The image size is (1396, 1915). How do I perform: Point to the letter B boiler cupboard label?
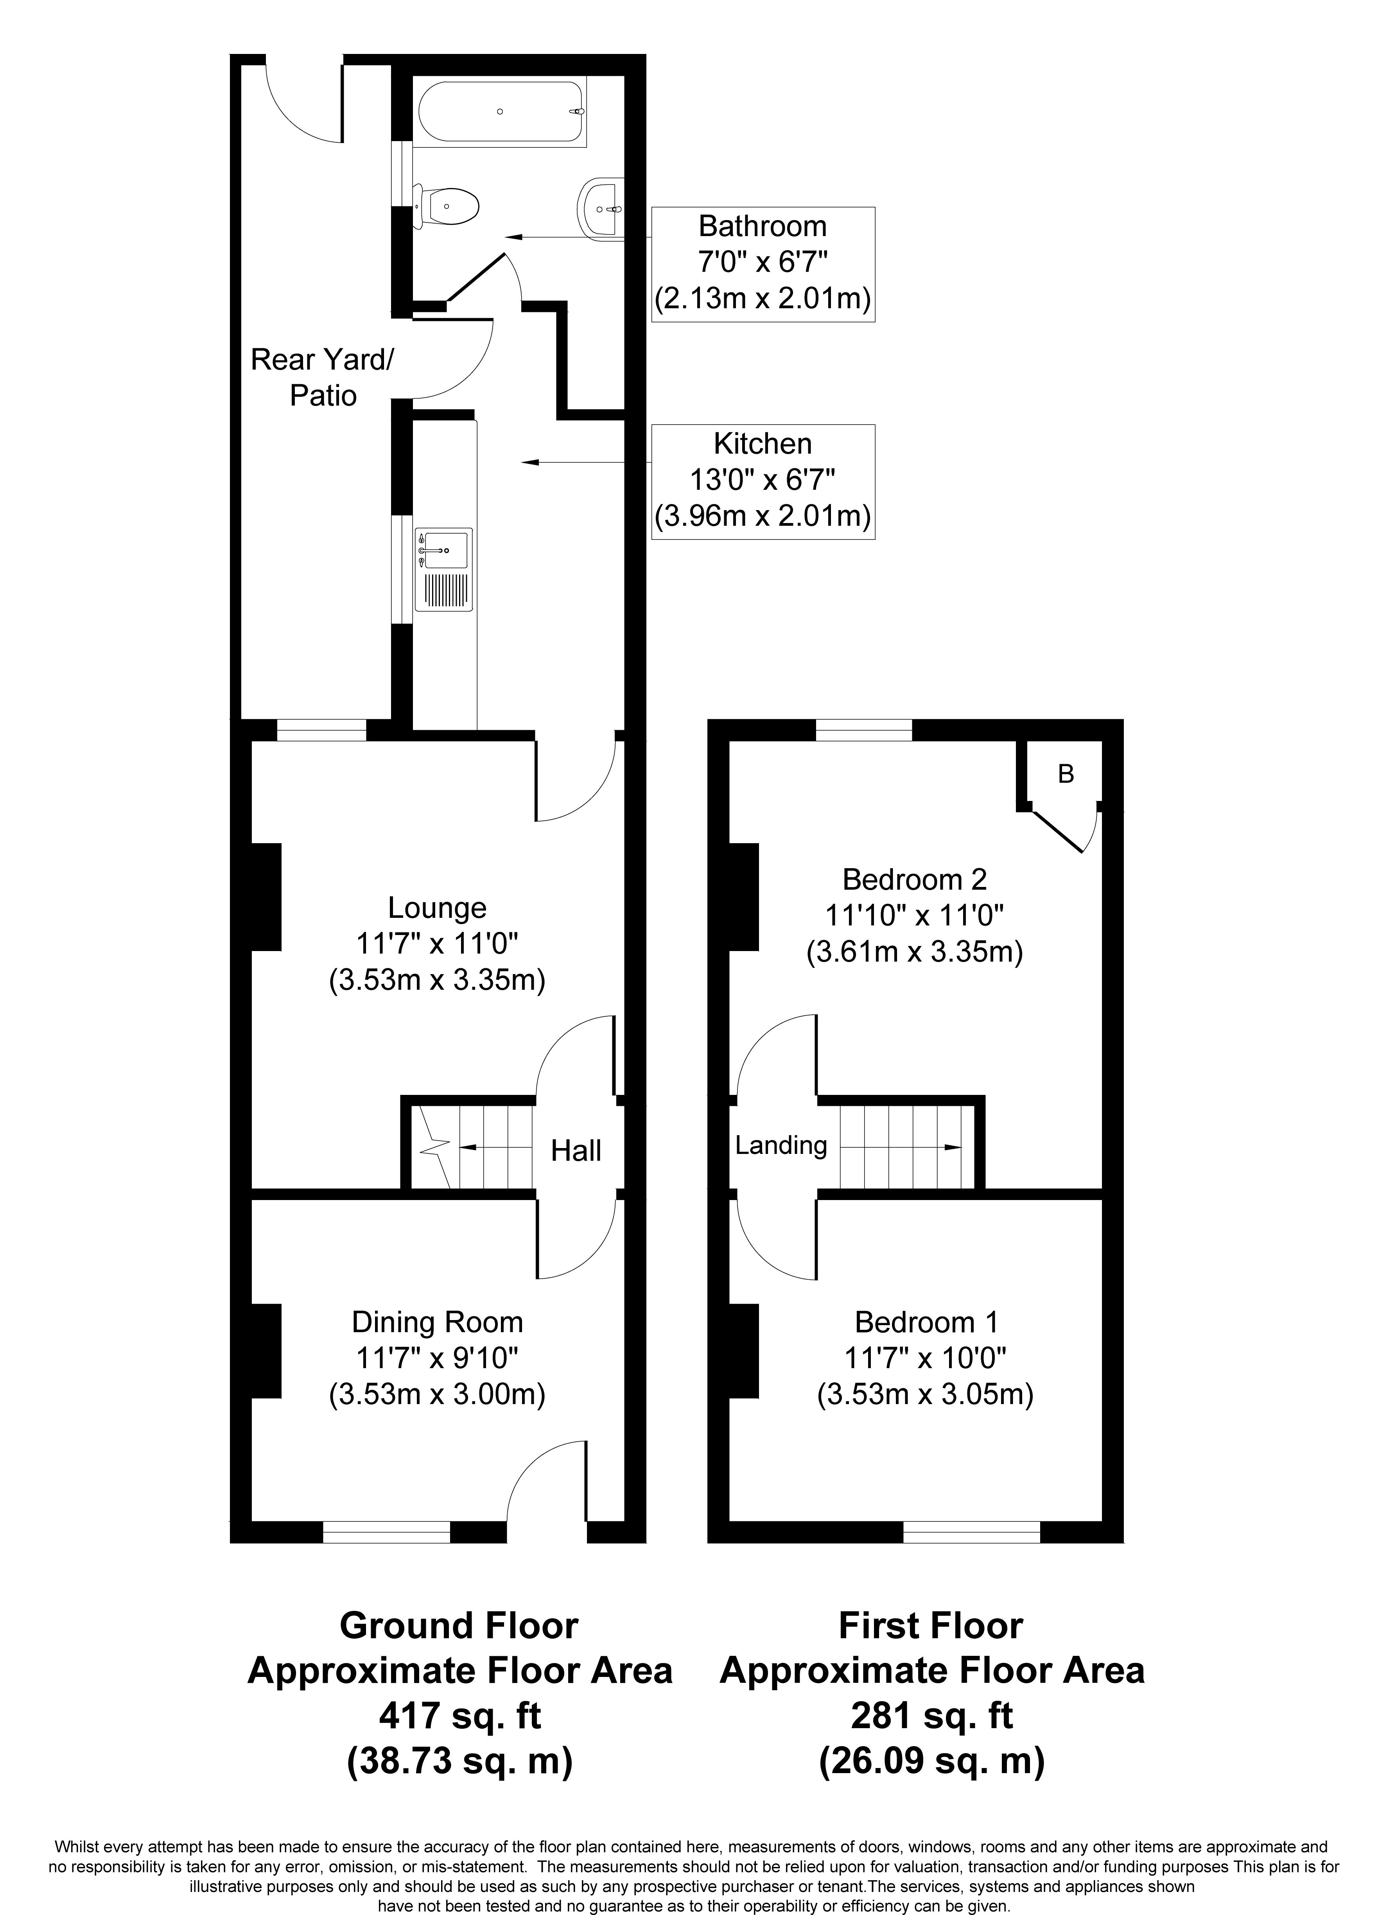coord(1066,774)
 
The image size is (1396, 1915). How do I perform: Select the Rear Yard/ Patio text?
coord(322,378)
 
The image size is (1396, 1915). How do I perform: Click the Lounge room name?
coord(437,908)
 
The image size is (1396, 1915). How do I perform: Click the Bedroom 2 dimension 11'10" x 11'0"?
coord(914,917)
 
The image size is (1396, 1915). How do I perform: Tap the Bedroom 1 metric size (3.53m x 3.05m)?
coord(925,1395)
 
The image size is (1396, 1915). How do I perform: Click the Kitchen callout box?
coord(762,482)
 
